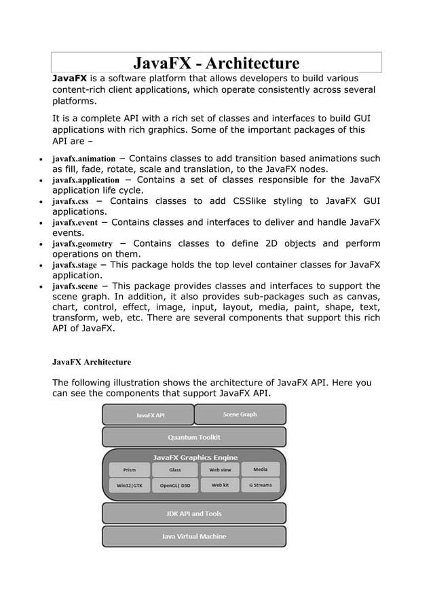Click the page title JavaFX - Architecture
coord(216,64)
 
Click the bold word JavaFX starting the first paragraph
coord(69,78)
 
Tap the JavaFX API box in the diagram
coord(148,415)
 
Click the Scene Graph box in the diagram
coord(240,415)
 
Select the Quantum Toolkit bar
coord(194,437)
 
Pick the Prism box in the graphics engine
coord(129,469)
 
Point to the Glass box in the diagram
coord(174,469)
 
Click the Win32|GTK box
coord(129,486)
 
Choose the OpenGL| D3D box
coord(174,486)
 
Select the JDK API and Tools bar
coord(194,513)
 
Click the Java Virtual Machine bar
coord(194,536)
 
